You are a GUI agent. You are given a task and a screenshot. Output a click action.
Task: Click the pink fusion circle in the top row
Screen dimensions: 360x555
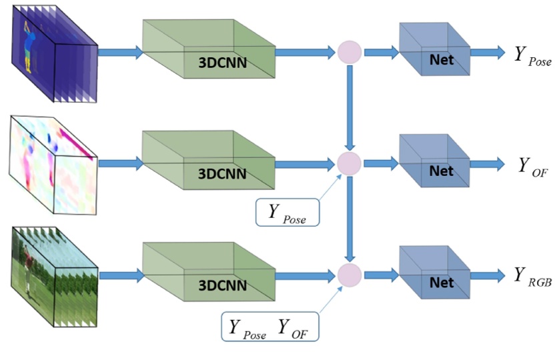350,52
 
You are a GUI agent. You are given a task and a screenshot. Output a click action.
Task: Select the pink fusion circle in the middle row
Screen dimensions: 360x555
350,163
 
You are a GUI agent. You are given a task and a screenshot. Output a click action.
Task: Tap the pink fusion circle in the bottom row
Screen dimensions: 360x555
350,274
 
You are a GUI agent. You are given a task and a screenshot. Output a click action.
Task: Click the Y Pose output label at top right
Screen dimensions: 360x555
532,55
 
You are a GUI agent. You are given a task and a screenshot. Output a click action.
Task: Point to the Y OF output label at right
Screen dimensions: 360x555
532,167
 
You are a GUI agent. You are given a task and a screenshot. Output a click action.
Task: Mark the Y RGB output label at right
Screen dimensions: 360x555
532,277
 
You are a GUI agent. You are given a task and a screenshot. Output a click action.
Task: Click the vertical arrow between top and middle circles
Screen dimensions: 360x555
350,107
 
